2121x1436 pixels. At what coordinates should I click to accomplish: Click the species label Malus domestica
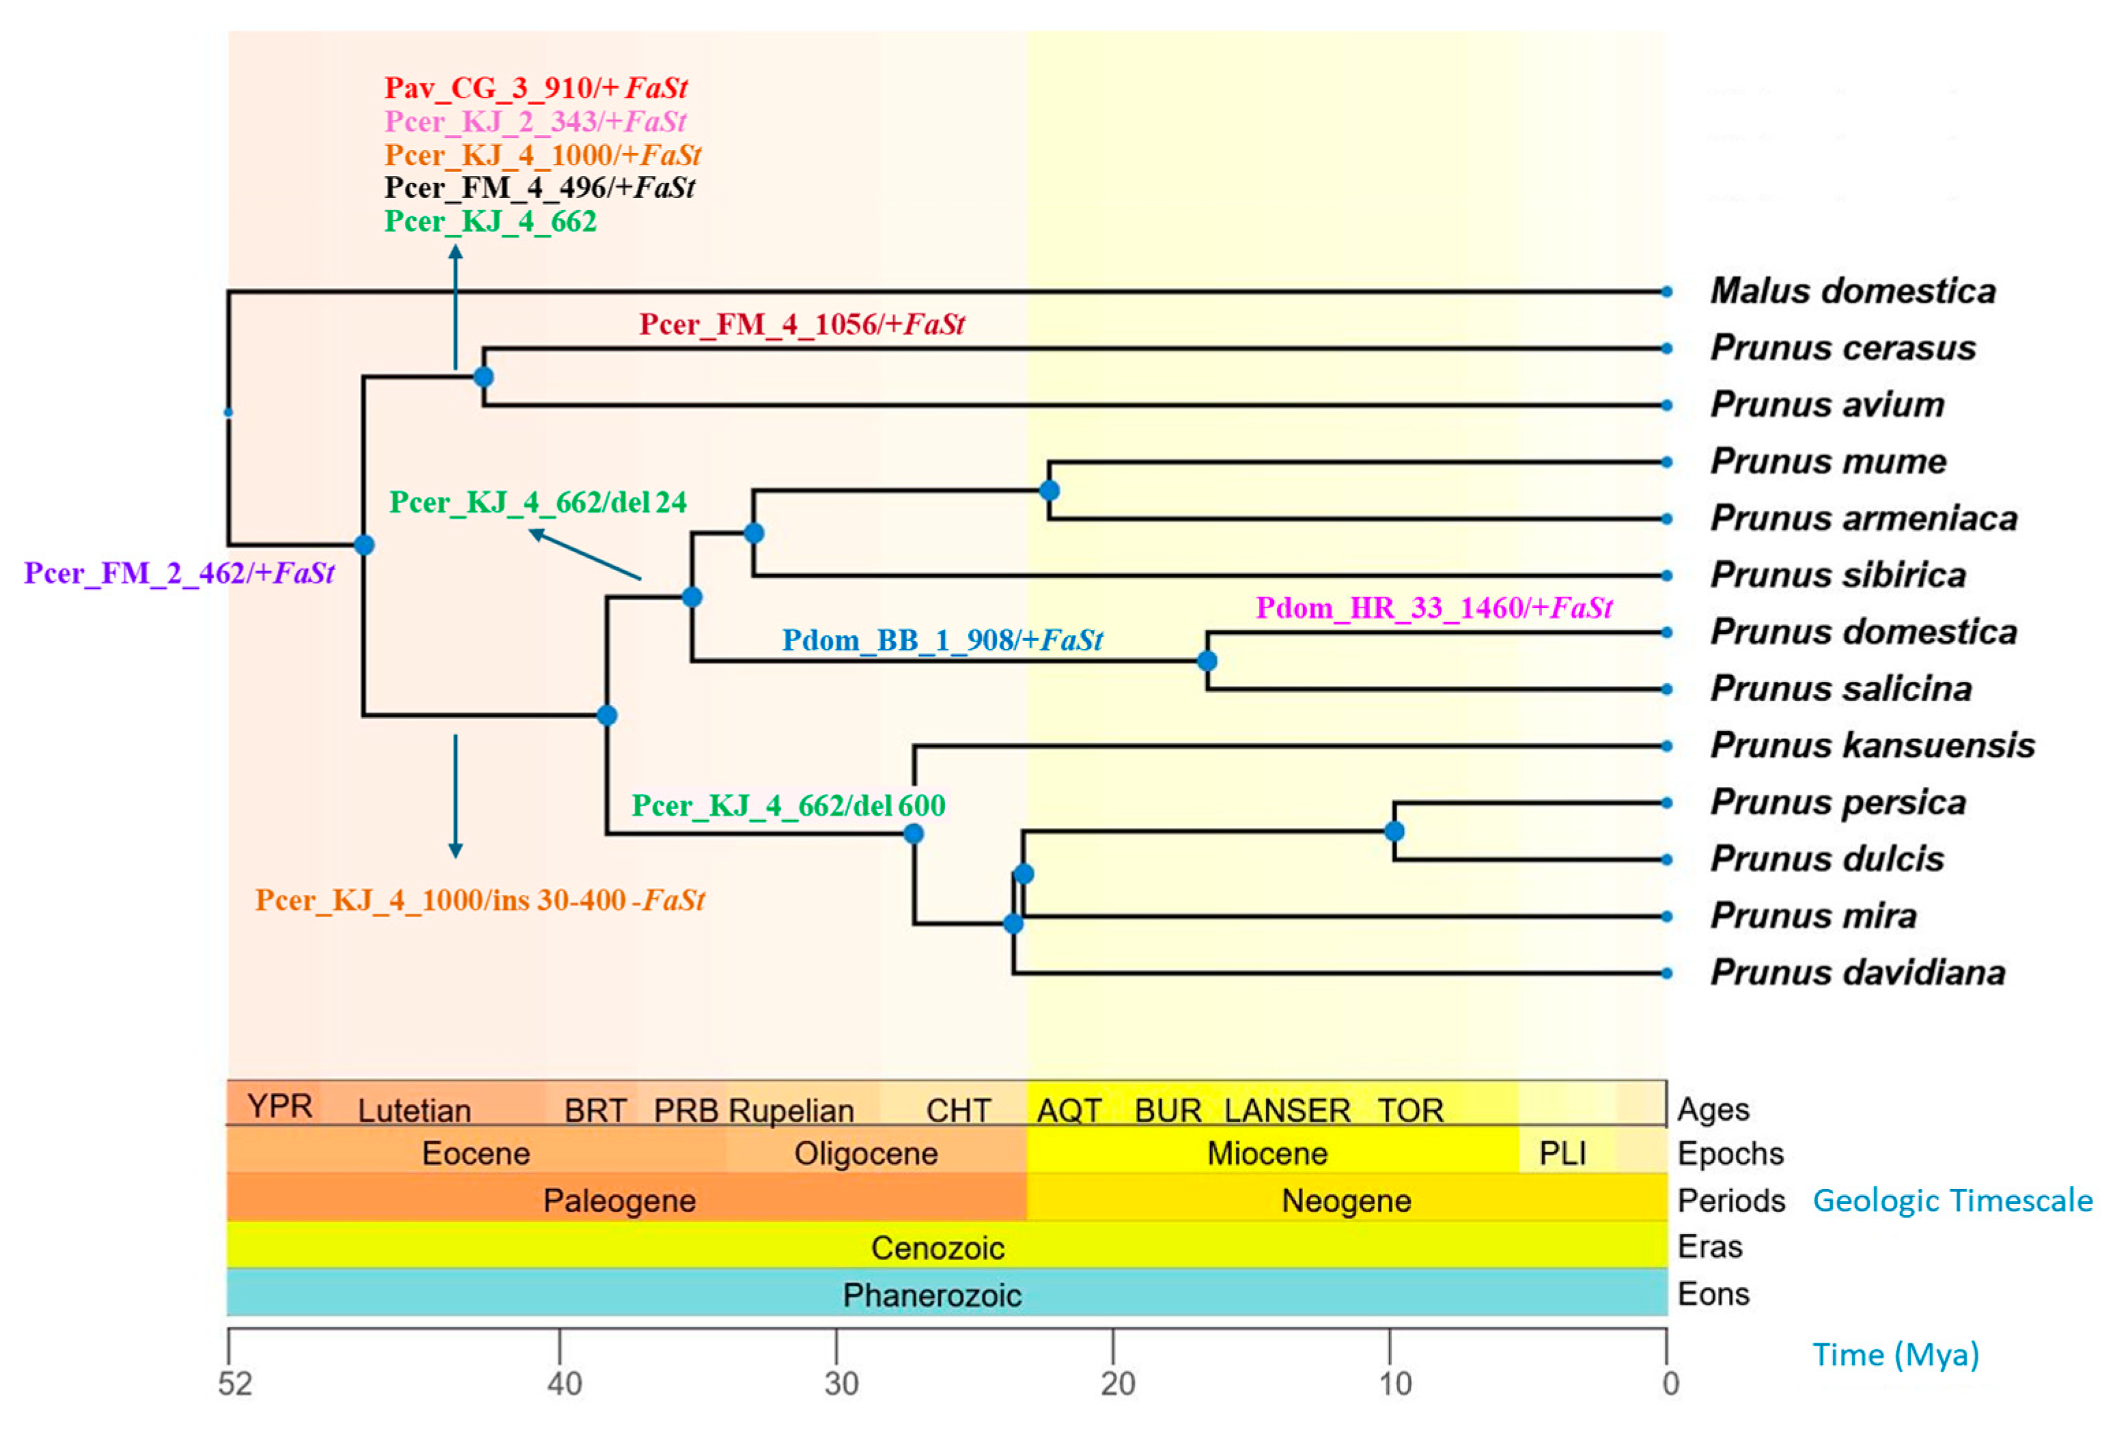click(x=1853, y=291)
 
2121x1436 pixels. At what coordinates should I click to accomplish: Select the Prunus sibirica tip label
click(x=1837, y=575)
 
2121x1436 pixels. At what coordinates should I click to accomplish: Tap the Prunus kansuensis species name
click(x=1872, y=745)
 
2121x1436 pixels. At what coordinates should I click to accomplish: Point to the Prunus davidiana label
click(x=1857, y=973)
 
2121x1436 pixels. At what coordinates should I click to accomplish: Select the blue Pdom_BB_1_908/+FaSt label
click(x=942, y=640)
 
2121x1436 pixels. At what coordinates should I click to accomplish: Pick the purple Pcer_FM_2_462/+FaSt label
click(x=179, y=573)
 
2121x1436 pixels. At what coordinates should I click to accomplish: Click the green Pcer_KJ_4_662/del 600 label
click(x=789, y=805)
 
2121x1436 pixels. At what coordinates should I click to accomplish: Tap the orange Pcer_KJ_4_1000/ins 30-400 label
click(x=480, y=900)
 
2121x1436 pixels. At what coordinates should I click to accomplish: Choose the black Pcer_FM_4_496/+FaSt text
click(x=539, y=188)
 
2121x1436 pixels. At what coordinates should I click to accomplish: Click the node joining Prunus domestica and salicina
click(x=1207, y=661)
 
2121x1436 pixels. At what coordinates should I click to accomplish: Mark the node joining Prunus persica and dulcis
click(x=1394, y=831)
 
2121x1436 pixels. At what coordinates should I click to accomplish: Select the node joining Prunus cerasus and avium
click(x=483, y=377)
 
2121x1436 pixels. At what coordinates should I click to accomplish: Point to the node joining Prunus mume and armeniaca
click(x=1050, y=490)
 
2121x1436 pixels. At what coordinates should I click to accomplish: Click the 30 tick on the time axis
click(x=841, y=1383)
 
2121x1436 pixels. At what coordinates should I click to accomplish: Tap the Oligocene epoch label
click(x=865, y=1153)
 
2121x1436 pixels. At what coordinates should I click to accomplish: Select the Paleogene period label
click(x=619, y=1201)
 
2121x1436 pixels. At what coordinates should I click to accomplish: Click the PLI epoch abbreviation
click(x=1562, y=1153)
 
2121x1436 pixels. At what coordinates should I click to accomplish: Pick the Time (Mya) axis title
click(x=1895, y=1355)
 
